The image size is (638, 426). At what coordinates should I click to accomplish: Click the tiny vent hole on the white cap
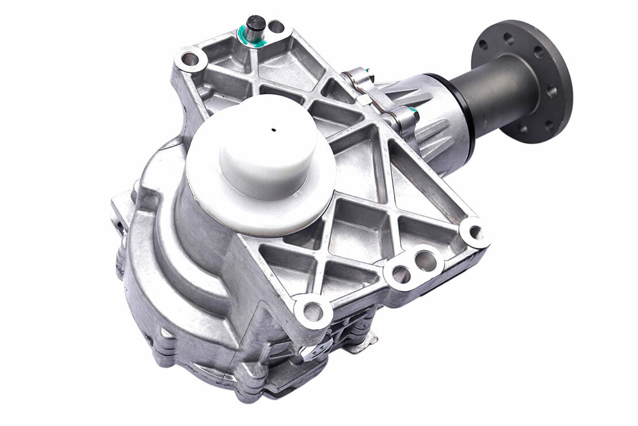pos(274,129)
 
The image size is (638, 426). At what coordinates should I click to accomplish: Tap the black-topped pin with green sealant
pos(255,25)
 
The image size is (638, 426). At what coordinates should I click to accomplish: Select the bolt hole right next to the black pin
pos(276,26)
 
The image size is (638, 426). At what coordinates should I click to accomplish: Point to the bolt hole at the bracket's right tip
pos(475,233)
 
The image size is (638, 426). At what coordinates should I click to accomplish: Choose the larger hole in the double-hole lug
pos(425,261)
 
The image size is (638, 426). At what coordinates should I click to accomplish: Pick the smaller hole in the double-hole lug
pos(401,274)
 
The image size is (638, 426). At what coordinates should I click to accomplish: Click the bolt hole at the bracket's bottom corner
pos(313,312)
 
